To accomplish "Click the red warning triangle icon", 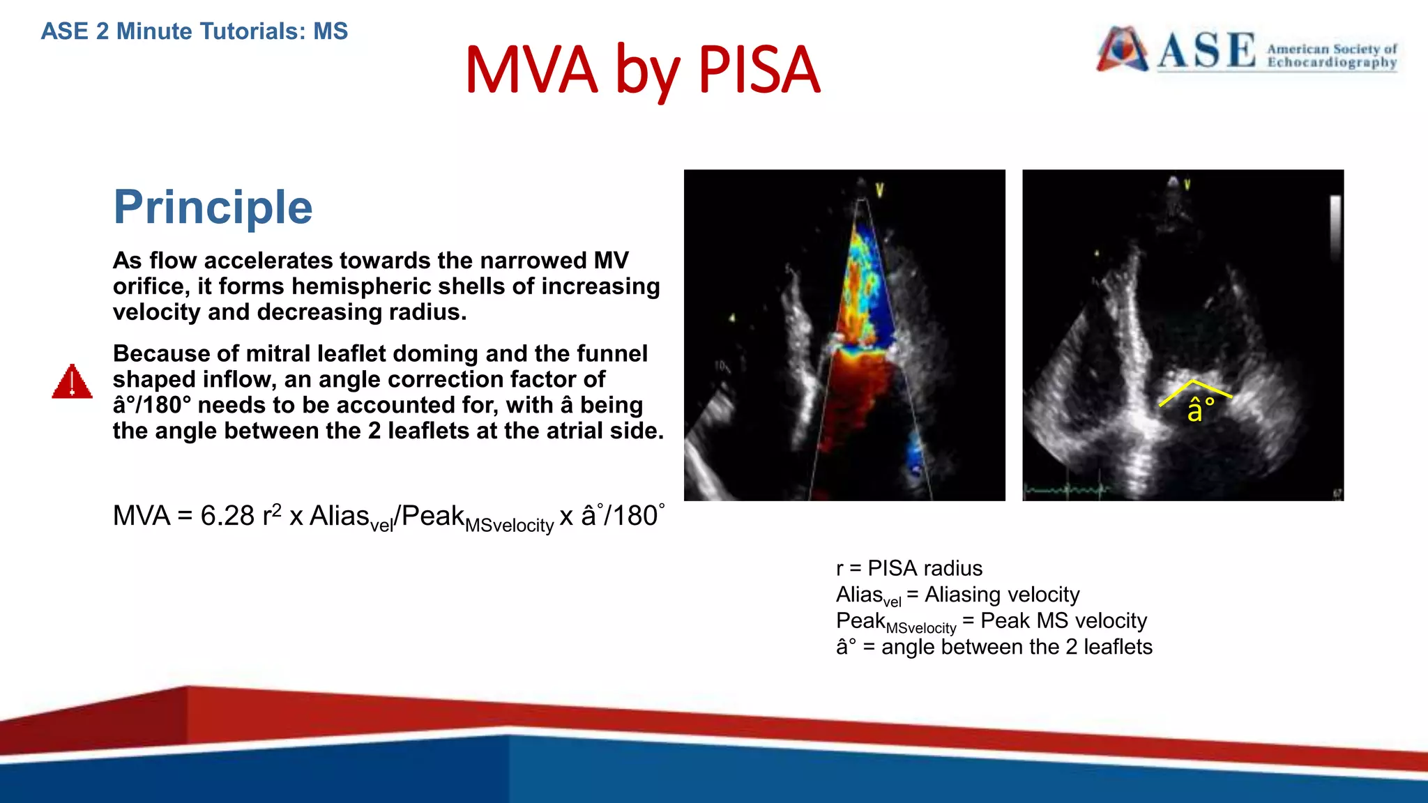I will click(x=72, y=382).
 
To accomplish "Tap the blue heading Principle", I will click(x=213, y=207).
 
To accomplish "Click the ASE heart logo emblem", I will click(x=1122, y=49).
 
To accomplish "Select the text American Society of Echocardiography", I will click(x=1331, y=56).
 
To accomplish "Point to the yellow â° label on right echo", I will click(x=1200, y=409).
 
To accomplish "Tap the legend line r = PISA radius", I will click(x=909, y=568).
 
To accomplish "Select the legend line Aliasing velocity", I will click(x=957, y=595).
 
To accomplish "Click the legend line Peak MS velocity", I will click(x=991, y=621).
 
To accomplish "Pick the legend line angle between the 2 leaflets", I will click(x=994, y=647).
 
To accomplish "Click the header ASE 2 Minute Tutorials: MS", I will click(x=194, y=31).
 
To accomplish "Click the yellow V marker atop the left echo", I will click(x=879, y=190).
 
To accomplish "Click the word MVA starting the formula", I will click(x=142, y=517).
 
